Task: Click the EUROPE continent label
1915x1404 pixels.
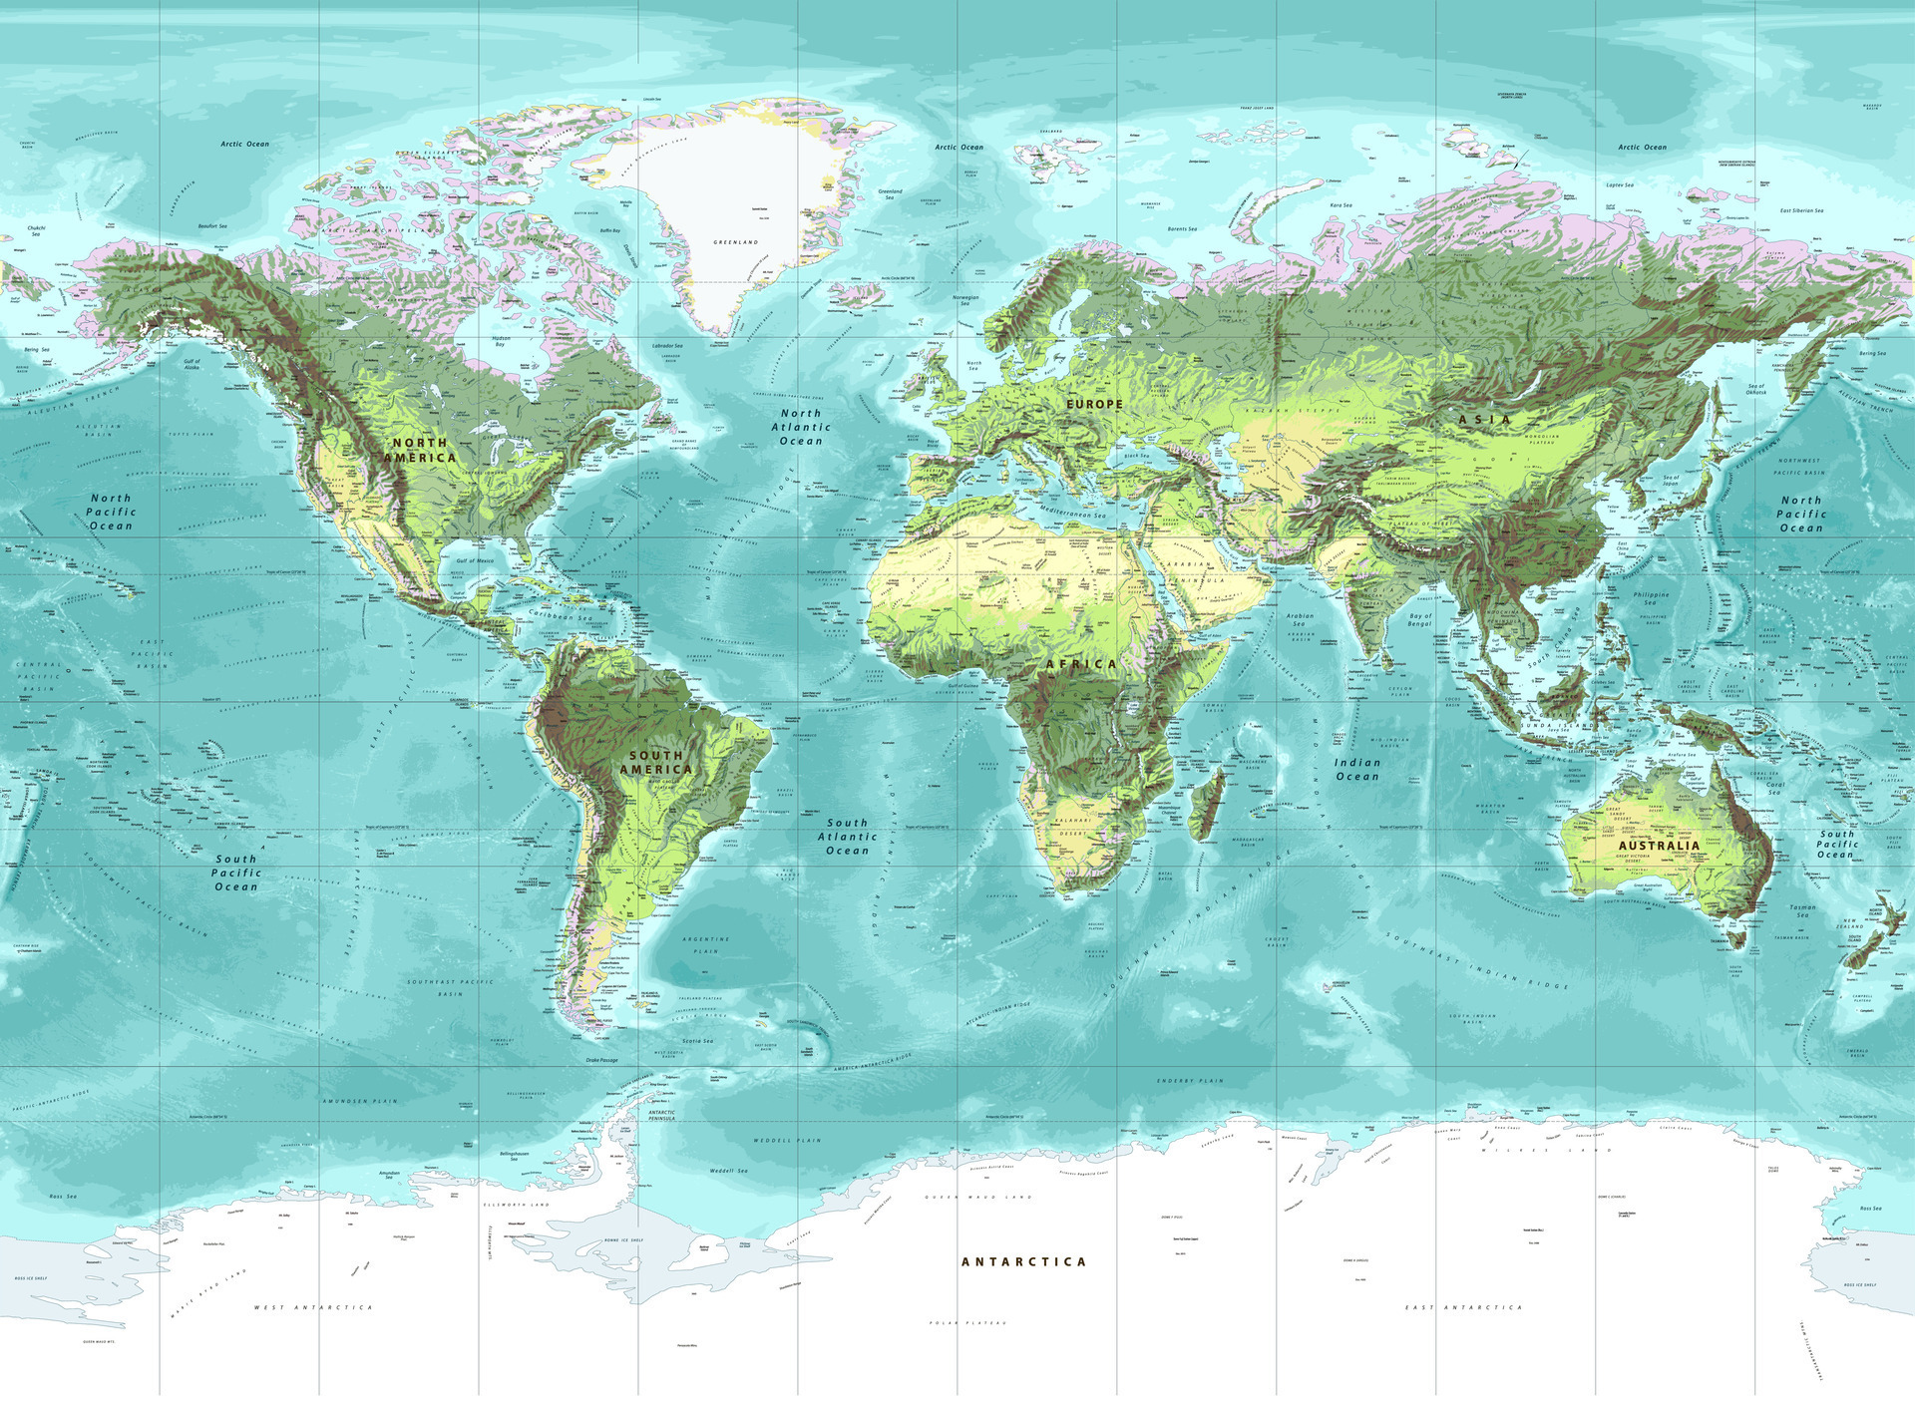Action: tap(1094, 404)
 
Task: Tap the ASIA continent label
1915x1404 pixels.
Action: tap(1485, 420)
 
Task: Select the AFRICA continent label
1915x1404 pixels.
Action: tap(1081, 663)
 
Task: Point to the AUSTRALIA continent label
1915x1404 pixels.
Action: tap(1659, 846)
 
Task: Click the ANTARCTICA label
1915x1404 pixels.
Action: tap(1023, 1261)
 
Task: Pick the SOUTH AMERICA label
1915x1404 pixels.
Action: tap(656, 763)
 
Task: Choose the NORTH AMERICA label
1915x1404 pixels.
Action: tap(420, 450)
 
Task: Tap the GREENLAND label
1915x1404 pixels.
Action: tap(736, 242)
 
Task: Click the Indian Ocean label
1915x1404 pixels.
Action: tap(1357, 769)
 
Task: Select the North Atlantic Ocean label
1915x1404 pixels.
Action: tap(801, 427)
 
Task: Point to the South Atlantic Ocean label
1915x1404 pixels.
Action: tap(848, 837)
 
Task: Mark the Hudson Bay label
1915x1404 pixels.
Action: tap(501, 341)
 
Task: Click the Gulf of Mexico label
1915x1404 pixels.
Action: tap(475, 560)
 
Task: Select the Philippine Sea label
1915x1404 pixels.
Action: tap(1651, 598)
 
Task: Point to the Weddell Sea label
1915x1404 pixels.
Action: tap(728, 1171)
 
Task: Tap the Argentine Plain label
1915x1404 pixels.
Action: tap(706, 944)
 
